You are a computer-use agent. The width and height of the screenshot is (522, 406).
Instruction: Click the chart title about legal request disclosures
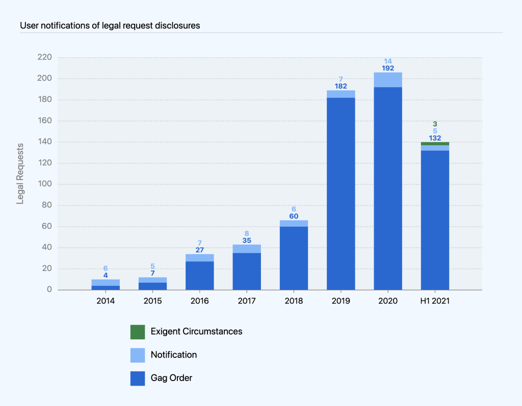pyautogui.click(x=110, y=25)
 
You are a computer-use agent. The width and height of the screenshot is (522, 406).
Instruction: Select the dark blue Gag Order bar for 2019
pyautogui.click(x=341, y=194)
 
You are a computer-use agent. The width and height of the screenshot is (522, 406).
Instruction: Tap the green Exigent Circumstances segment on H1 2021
pyautogui.click(x=435, y=144)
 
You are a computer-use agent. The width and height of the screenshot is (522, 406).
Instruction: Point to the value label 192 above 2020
pyautogui.click(x=388, y=68)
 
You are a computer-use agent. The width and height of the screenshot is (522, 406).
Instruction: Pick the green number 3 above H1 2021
pyautogui.click(x=435, y=124)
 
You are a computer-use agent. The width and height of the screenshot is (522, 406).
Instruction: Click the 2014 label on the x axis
pyautogui.click(x=106, y=301)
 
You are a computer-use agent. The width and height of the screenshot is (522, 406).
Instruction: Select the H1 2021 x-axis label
pyautogui.click(x=435, y=301)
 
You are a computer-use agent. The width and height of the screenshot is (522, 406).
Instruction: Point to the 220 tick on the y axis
pyautogui.click(x=45, y=57)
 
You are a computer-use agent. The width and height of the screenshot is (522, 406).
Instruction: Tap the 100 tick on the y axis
pyautogui.click(x=45, y=184)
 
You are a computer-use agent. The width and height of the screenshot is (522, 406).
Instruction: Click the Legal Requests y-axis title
pyautogui.click(x=20, y=174)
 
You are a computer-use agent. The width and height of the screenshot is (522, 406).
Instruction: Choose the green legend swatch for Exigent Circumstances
pyautogui.click(x=138, y=332)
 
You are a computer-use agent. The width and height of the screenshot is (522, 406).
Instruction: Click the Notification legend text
pyautogui.click(x=174, y=355)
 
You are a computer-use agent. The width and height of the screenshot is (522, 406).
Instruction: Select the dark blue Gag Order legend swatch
pyautogui.click(x=138, y=378)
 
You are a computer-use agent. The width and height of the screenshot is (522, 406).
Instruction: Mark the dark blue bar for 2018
pyautogui.click(x=294, y=258)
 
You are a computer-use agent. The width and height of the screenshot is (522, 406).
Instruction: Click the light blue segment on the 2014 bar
pyautogui.click(x=106, y=283)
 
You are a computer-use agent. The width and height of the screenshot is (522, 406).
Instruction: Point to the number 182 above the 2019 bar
pyautogui.click(x=341, y=86)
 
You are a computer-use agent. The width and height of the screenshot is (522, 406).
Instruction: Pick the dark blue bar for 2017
pyautogui.click(x=247, y=272)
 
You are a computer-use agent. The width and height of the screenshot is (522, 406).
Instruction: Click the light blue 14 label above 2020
pyautogui.click(x=388, y=61)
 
